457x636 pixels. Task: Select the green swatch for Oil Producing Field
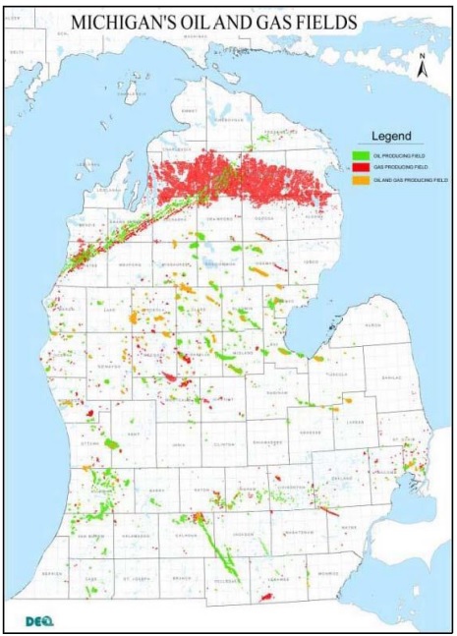[x=360, y=155]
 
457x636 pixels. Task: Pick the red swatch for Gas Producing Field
[x=360, y=168]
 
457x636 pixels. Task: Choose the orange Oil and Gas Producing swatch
[x=360, y=182]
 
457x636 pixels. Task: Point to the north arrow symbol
[x=421, y=68]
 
